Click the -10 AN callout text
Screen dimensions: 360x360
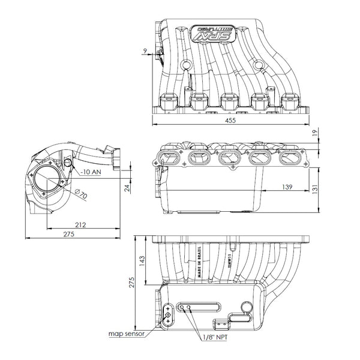pos(91,172)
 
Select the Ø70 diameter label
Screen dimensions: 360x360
pos(82,195)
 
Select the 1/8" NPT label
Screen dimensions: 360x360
pos(214,338)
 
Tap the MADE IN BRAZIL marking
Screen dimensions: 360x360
pos(199,260)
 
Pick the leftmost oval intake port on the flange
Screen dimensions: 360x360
pos(169,158)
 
